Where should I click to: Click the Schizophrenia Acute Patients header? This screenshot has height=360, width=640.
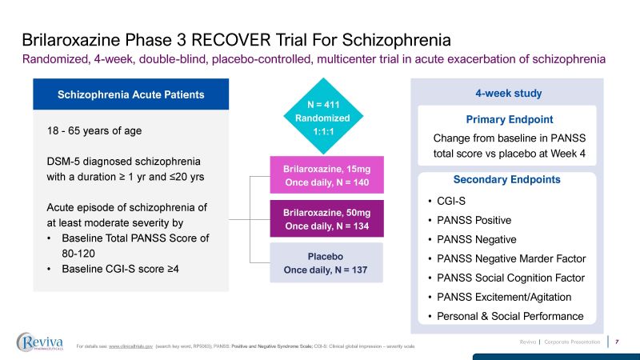click(130, 94)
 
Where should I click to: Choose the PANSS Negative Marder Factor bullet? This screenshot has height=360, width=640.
click(512, 258)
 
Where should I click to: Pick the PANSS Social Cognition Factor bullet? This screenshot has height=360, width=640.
click(511, 278)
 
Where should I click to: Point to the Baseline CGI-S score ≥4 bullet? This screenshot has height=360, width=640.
click(120, 268)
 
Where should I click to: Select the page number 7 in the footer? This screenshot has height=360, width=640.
click(617, 342)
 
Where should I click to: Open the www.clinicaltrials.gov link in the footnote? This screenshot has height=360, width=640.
click(131, 346)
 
